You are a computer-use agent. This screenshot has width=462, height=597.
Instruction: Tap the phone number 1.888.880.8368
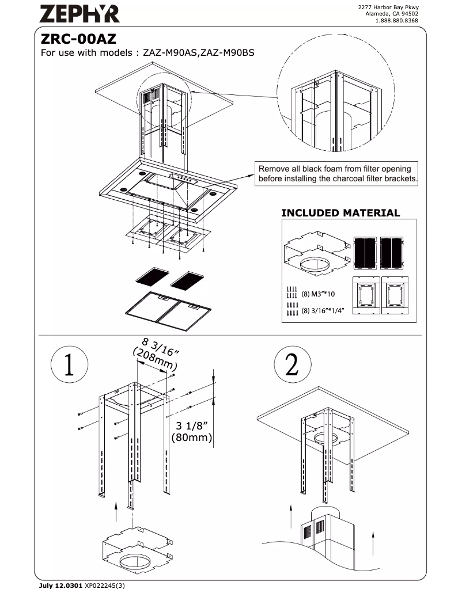tap(396, 21)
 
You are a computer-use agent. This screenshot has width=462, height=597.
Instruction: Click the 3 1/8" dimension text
tap(192, 425)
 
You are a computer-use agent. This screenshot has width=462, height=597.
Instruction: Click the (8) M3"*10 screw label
tap(319, 294)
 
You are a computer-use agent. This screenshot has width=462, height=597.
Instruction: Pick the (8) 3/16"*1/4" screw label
tap(323, 311)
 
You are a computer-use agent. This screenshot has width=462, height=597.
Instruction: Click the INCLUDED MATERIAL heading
tap(340, 213)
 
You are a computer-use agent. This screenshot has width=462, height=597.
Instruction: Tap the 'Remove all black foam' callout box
tap(338, 173)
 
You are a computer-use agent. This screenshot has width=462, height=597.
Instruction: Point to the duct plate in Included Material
tap(316, 251)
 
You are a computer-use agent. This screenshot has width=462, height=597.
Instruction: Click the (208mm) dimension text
tap(154, 360)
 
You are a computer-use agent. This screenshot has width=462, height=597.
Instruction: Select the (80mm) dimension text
tap(192, 438)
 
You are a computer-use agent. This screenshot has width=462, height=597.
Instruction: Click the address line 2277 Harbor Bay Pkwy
tap(388, 7)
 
